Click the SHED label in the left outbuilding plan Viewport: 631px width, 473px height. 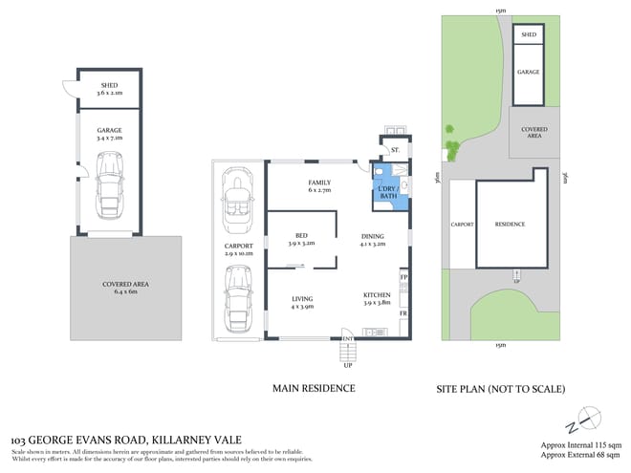click(108, 88)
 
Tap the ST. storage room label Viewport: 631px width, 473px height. click(393, 151)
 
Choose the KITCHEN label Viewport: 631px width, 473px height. click(377, 298)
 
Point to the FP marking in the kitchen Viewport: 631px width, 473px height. click(403, 278)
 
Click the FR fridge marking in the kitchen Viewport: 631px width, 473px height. click(403, 313)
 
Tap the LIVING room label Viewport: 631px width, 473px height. click(302, 304)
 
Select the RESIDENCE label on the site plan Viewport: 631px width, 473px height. click(510, 225)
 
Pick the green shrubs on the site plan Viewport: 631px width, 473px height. click(450, 143)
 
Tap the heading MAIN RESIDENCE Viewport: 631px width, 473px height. click(314, 388)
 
